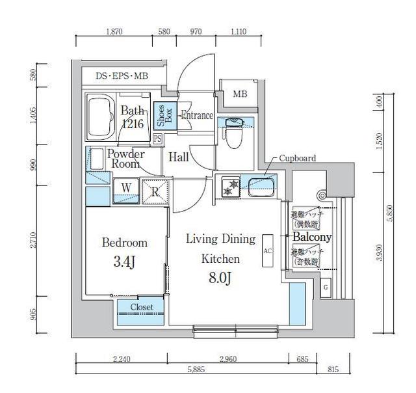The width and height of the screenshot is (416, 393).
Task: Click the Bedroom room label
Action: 124,243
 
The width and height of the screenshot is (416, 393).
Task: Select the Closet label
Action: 142,307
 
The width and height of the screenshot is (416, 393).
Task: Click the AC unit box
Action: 267,251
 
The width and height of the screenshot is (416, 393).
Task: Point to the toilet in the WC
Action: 233,133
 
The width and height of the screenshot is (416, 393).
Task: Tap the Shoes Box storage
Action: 162,116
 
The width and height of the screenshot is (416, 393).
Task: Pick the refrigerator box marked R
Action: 155,191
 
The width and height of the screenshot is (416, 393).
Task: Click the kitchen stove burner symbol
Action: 229,185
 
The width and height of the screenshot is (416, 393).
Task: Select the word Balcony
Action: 312,237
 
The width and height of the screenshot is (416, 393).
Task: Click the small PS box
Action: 157,139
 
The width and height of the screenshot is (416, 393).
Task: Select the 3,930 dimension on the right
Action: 379,251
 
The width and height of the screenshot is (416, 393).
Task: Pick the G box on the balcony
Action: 325,287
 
